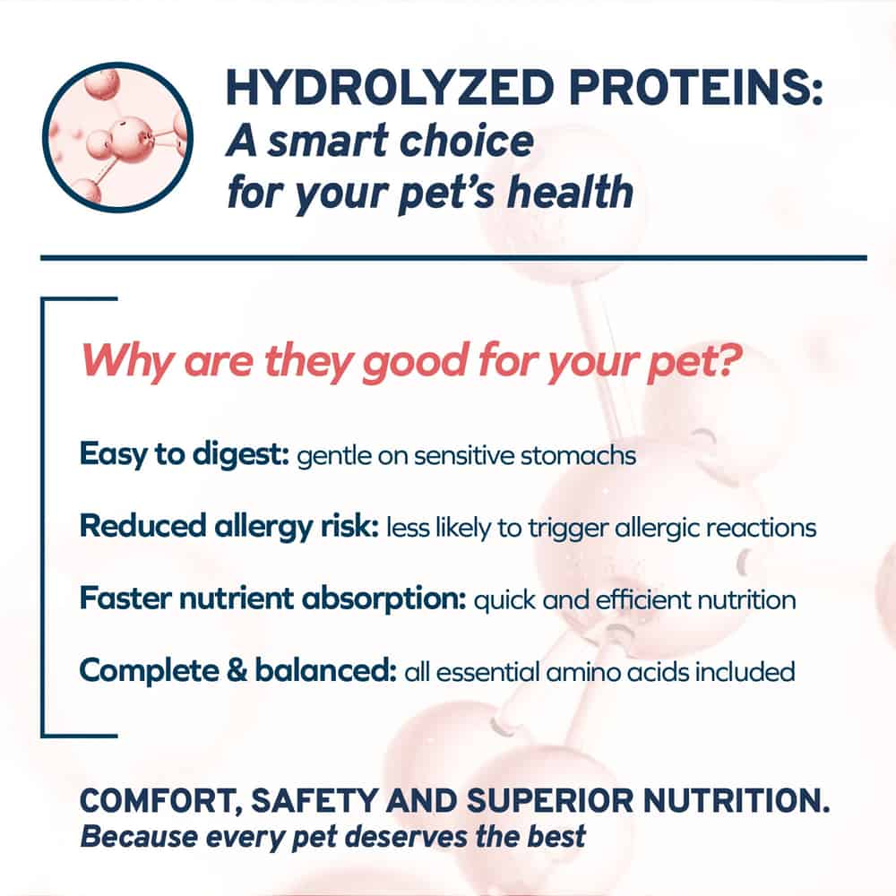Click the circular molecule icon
(117, 137)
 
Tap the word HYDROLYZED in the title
(390, 88)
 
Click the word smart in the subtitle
(324, 142)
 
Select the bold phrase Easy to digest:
(185, 455)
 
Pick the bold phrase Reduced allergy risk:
(229, 527)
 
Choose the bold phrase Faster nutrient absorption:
(273, 599)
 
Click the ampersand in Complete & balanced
(237, 670)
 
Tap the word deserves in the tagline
(406, 837)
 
